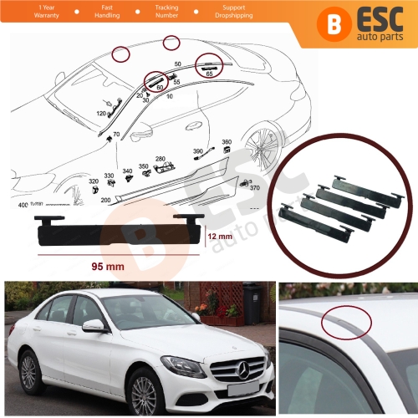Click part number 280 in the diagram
tap(160, 158)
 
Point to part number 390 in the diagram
tap(198, 150)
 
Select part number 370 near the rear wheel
tap(254, 188)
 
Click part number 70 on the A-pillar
tap(116, 134)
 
